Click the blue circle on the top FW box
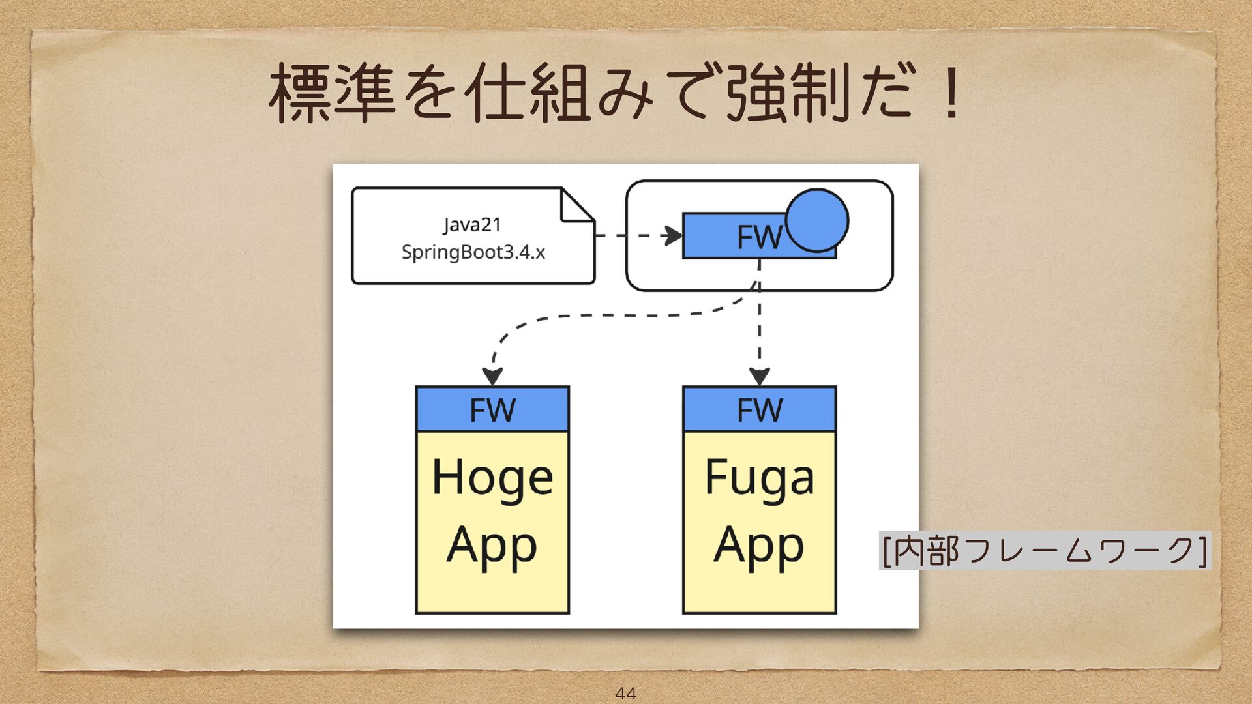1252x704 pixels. coord(816,220)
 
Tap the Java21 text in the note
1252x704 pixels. coord(472,225)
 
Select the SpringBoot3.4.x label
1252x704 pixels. coord(473,252)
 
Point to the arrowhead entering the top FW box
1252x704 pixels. coord(672,235)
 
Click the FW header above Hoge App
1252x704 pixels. coord(492,409)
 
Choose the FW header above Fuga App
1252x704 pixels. coord(759,409)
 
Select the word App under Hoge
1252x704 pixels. coord(492,546)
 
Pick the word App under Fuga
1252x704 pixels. coord(759,546)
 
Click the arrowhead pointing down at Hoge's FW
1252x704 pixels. coord(492,376)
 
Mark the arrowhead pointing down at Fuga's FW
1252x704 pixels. coord(759,376)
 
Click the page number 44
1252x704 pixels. coord(625,693)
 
